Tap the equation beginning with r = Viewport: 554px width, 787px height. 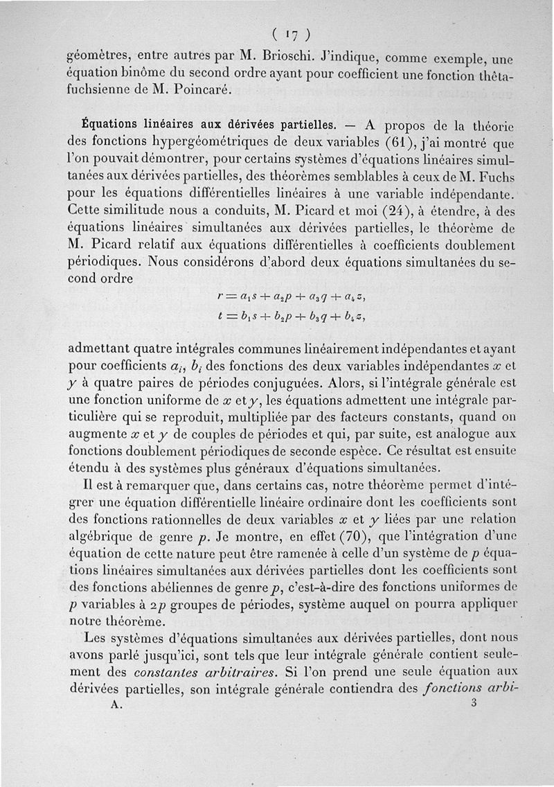tap(291, 297)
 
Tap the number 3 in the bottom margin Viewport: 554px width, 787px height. tap(474, 702)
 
